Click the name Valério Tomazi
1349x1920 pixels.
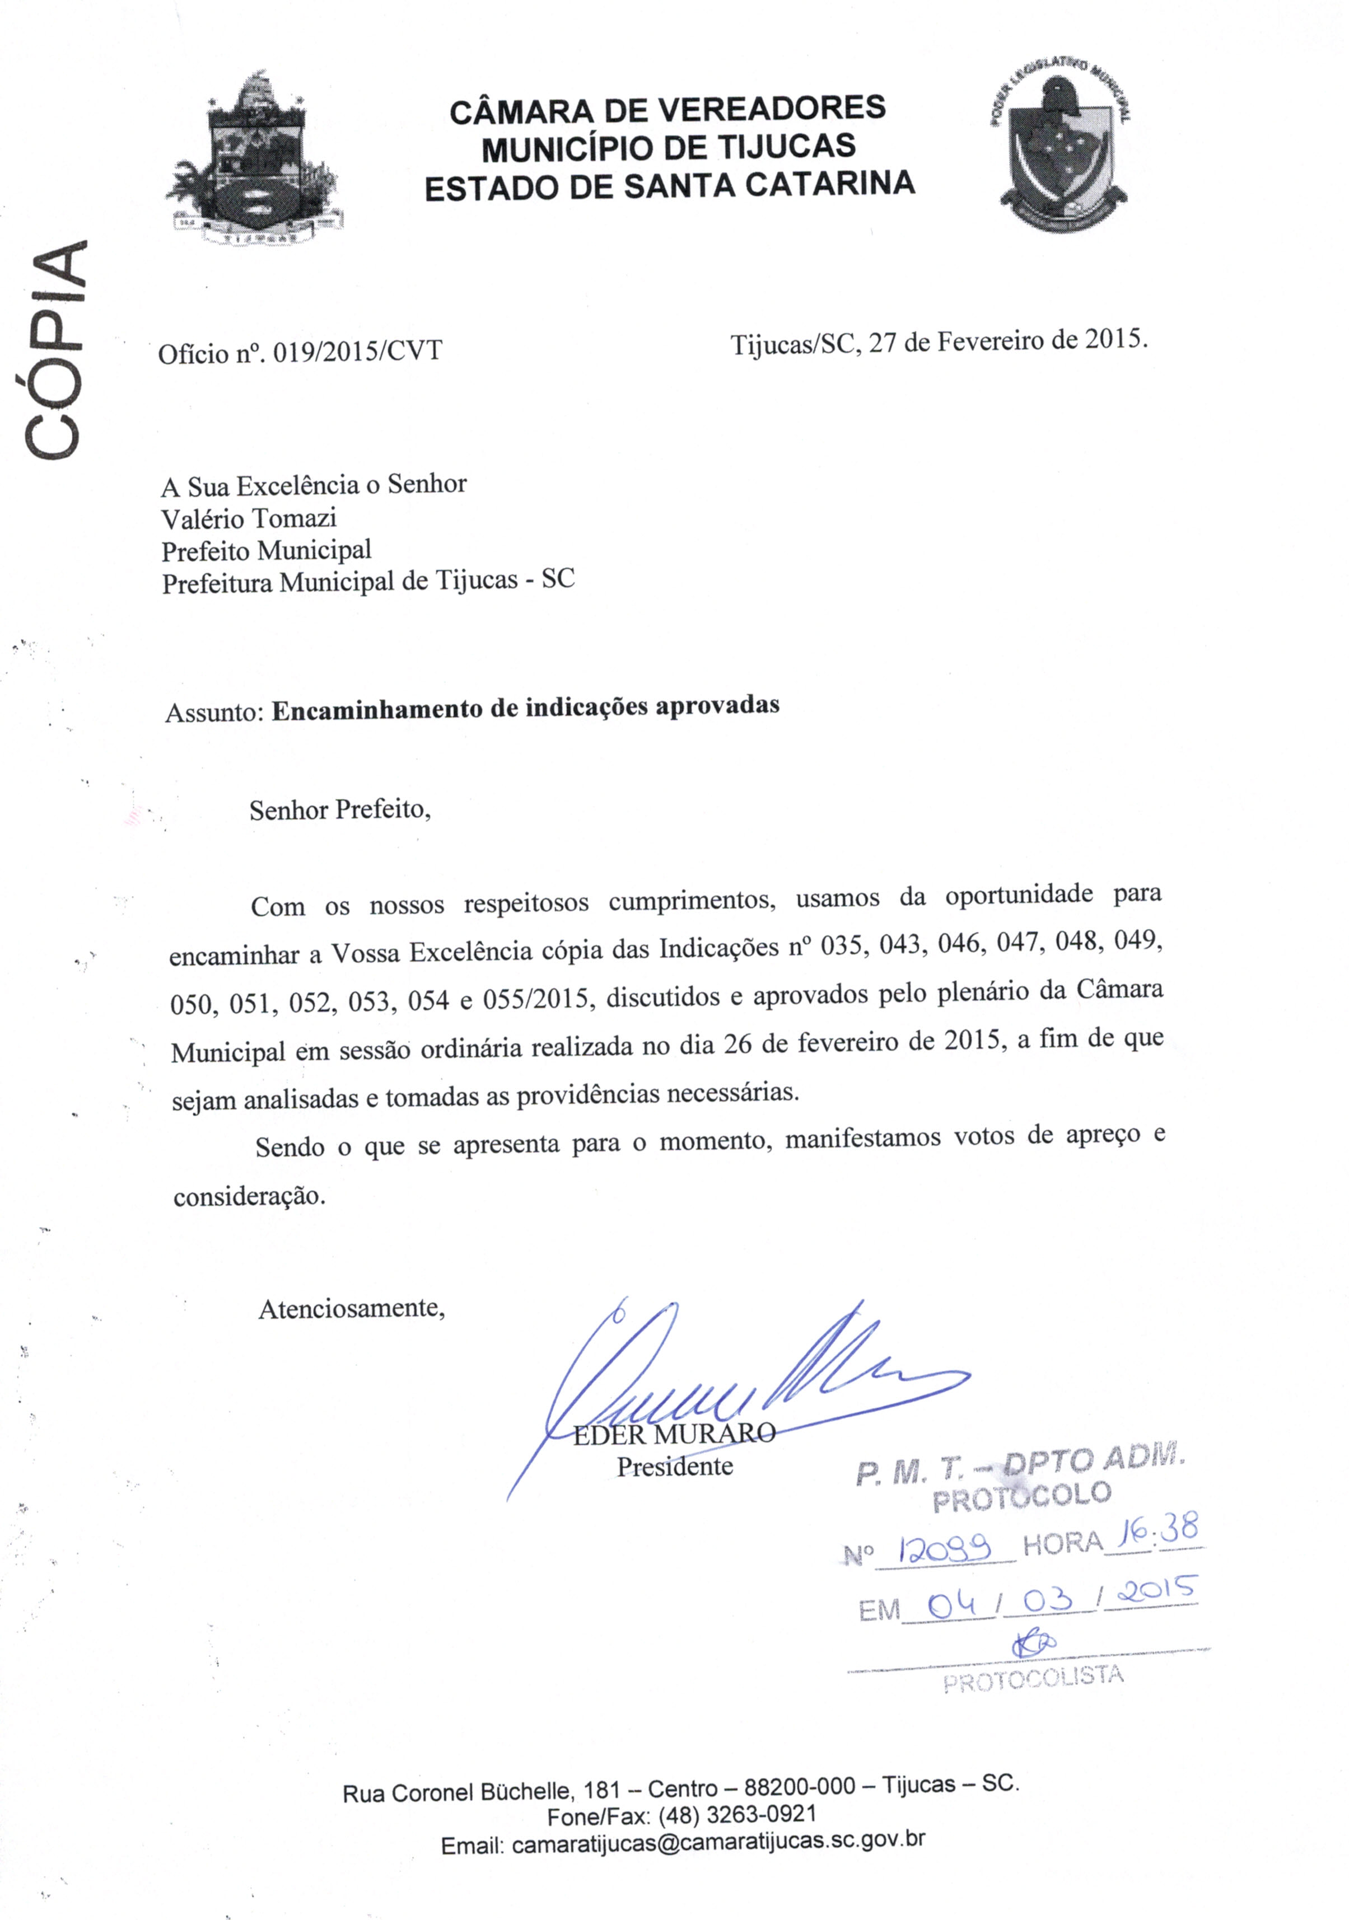[249, 518]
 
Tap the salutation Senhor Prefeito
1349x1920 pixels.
[339, 809]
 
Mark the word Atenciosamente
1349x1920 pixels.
[351, 1308]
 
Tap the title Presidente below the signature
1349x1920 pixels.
[675, 1466]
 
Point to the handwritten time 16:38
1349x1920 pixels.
[1156, 1533]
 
